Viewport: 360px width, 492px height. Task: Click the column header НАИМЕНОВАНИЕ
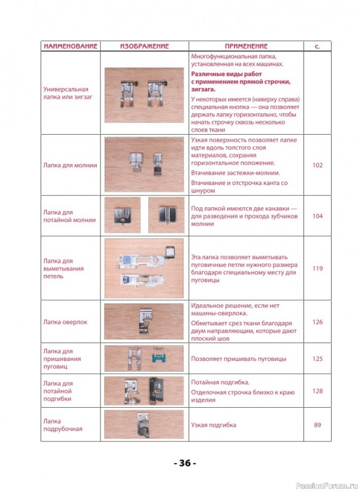(x=70, y=46)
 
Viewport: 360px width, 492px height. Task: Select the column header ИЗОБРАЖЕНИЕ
(x=145, y=46)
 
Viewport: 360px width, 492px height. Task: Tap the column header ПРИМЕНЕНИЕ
(x=246, y=46)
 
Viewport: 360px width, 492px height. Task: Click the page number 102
(x=318, y=165)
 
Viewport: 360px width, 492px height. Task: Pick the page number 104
(x=318, y=216)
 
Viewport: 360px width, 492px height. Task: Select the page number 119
(x=318, y=268)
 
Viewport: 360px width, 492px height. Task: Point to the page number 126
(x=318, y=322)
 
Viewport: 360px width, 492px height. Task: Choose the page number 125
(x=318, y=359)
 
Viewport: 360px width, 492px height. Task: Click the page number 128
(x=318, y=391)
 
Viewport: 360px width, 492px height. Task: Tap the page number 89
(x=318, y=425)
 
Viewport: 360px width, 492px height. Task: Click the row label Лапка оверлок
(x=65, y=322)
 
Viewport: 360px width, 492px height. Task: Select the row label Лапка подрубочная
(x=63, y=425)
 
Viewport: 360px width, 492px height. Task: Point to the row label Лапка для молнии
(x=70, y=165)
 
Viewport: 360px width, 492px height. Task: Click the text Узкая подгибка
(x=214, y=425)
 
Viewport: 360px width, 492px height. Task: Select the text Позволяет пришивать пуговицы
(x=239, y=359)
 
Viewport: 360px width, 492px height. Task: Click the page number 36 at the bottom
(x=185, y=463)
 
